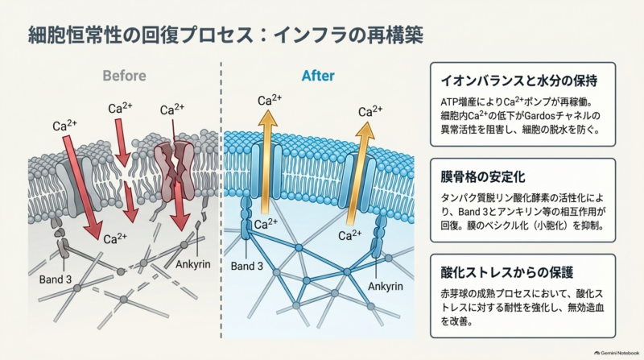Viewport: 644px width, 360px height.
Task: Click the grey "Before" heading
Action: click(124, 76)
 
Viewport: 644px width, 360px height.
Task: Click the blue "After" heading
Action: click(318, 76)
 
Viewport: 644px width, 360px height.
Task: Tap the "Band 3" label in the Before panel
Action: click(56, 279)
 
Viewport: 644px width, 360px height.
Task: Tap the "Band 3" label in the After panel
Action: click(247, 266)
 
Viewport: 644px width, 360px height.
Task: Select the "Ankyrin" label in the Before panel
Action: click(193, 264)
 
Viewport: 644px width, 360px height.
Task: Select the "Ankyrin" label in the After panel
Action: click(386, 287)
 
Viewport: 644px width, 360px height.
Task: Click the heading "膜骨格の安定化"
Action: click(483, 176)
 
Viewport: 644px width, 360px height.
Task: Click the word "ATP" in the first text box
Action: click(448, 102)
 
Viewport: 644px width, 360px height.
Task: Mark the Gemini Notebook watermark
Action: click(617, 353)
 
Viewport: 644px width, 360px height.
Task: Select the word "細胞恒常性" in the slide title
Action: click(75, 35)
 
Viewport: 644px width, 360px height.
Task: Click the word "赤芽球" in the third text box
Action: click(454, 294)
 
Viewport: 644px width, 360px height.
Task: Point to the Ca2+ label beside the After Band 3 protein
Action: click(266, 224)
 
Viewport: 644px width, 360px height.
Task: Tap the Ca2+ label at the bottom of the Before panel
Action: click(115, 238)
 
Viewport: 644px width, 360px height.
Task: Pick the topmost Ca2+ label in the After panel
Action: click(270, 100)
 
